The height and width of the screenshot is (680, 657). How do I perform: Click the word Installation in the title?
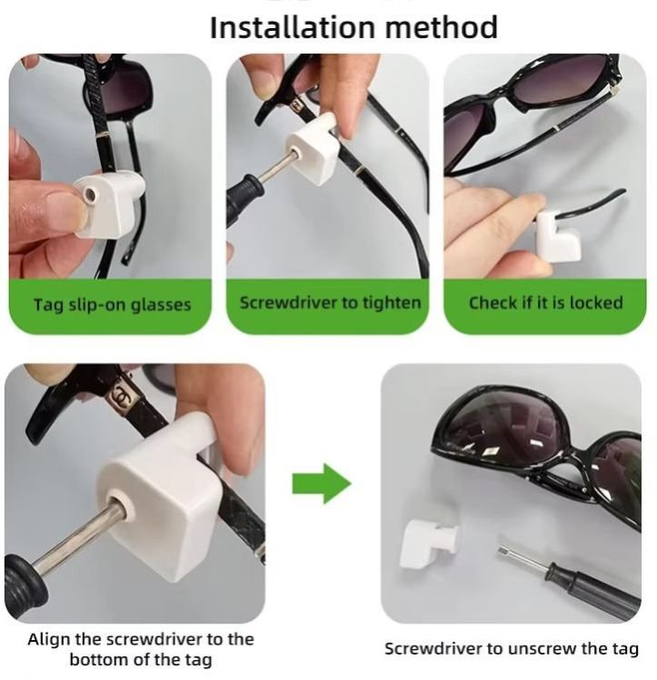click(x=293, y=27)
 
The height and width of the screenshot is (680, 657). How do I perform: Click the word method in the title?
click(x=441, y=27)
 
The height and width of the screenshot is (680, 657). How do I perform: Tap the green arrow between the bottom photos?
click(x=321, y=484)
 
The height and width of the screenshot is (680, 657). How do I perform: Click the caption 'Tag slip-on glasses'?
click(x=113, y=305)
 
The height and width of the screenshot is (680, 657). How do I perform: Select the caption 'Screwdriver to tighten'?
click(x=330, y=303)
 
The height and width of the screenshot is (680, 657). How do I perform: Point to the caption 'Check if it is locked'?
click(x=545, y=302)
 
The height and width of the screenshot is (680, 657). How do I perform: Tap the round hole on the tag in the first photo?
click(x=90, y=194)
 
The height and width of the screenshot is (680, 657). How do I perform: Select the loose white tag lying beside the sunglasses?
click(x=428, y=544)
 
